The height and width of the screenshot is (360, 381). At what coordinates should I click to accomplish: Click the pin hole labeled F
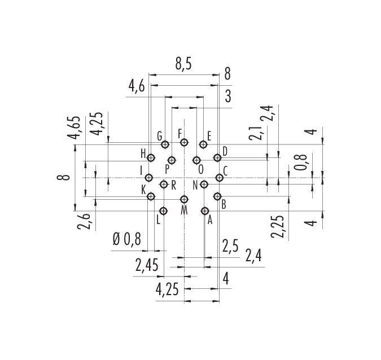coord(185,142)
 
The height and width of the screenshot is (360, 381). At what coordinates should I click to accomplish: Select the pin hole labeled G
coord(165,144)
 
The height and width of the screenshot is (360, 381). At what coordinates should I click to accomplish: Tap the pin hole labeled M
coord(185,199)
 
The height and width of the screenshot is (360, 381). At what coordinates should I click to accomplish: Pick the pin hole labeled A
coord(205,211)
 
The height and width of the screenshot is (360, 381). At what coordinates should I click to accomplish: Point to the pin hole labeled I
coord(148,178)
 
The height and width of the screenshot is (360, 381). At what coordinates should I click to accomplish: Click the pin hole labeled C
coord(220,178)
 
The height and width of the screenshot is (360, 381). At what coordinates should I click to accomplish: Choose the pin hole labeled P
coord(172,160)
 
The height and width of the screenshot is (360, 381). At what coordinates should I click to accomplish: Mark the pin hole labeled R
coord(164,185)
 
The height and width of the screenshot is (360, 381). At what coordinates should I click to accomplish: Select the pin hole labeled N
coord(204,185)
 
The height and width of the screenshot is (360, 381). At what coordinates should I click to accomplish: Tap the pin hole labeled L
coord(164,211)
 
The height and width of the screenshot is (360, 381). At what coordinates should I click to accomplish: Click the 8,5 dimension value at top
coord(183,64)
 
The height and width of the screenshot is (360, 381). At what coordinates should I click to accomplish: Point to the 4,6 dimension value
coord(137,87)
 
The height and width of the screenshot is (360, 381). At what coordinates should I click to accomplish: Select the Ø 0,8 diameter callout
coord(127,239)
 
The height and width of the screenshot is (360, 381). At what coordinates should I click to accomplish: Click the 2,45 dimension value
coord(147,265)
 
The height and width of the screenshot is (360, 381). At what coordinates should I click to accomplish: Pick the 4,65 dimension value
coord(73,128)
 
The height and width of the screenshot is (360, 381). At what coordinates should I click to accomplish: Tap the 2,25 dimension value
coord(278,226)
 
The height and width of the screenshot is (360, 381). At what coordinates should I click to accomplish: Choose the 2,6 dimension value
coord(84,222)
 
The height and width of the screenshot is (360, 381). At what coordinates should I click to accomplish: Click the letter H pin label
coord(143,154)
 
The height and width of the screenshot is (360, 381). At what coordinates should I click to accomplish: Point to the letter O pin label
coord(201,169)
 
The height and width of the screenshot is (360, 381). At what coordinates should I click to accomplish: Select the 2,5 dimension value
coord(230,246)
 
